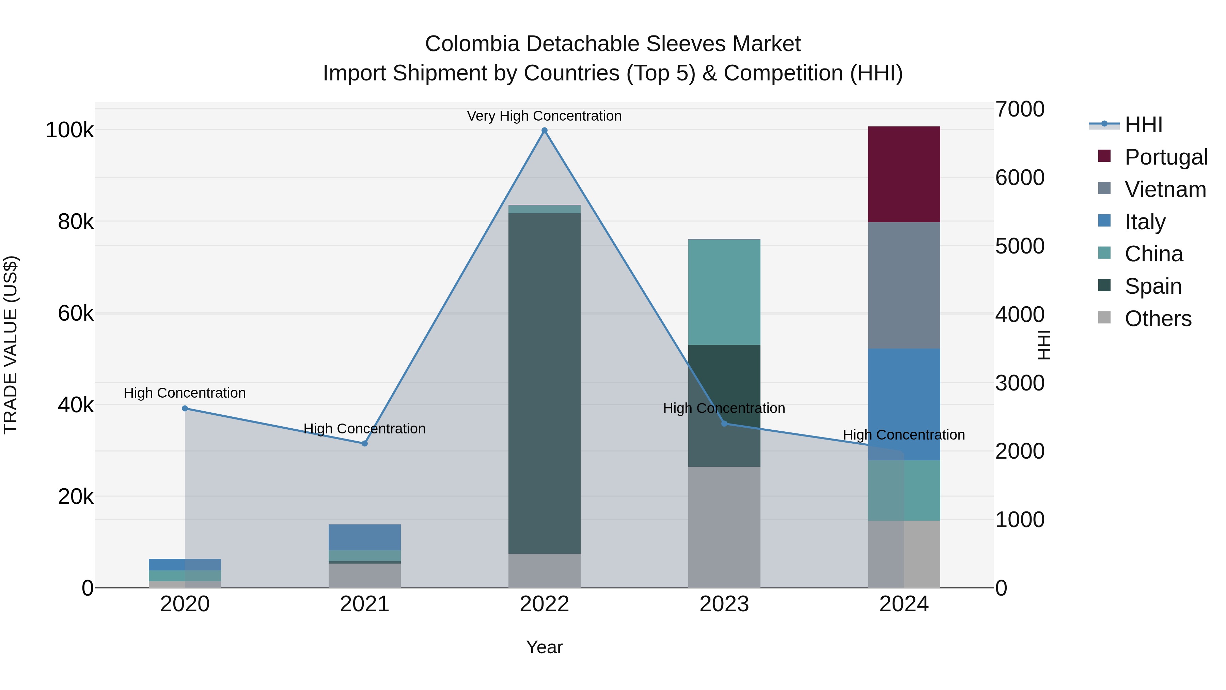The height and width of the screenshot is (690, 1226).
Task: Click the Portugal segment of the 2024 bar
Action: [904, 174]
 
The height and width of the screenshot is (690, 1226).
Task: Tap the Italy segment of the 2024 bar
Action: [904, 404]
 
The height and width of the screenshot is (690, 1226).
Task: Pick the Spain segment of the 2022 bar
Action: [545, 383]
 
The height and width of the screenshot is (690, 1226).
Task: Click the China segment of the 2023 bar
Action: [724, 292]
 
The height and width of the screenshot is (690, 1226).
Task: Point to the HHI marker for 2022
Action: [545, 131]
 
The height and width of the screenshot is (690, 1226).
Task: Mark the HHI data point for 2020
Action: [185, 408]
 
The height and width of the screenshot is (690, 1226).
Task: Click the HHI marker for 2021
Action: [364, 443]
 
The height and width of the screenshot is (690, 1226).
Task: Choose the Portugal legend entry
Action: [1166, 157]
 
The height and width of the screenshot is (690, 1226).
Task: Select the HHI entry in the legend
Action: [1143, 125]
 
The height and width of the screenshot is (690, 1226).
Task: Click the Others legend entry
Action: [1158, 319]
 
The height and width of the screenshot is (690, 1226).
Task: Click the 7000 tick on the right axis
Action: [1019, 109]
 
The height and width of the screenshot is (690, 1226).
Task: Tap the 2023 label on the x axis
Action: [724, 604]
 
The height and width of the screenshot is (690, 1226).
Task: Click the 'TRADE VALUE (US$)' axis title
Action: [11, 345]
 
